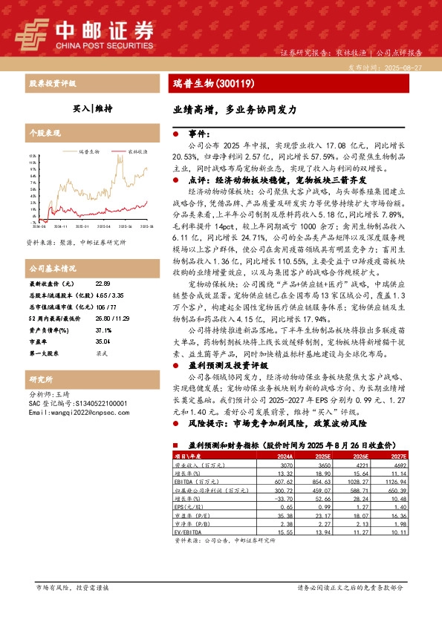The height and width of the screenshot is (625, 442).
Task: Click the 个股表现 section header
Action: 44,134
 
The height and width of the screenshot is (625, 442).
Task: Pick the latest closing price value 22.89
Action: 103,284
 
